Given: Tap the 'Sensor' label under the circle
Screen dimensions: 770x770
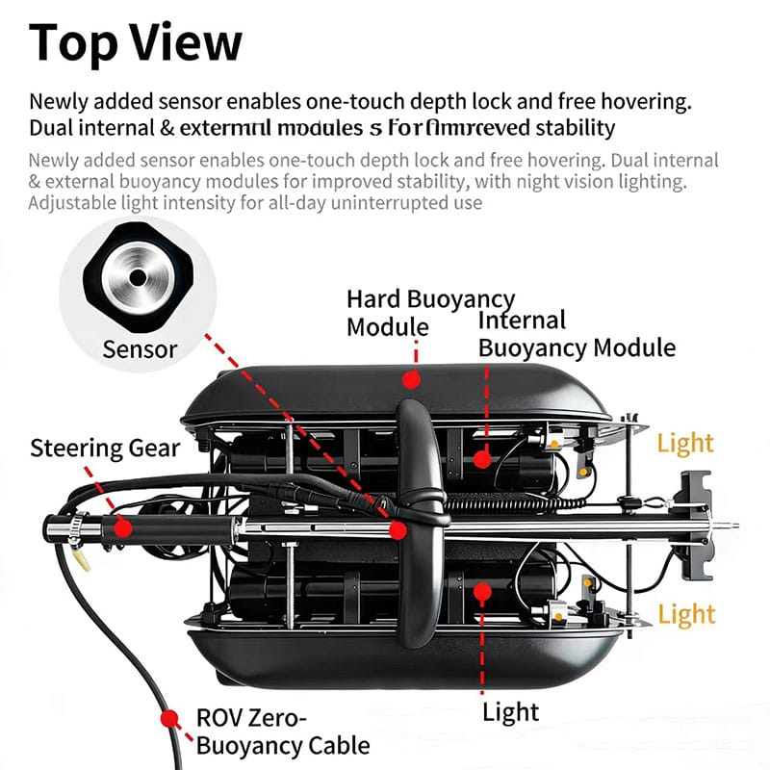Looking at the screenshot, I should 140,348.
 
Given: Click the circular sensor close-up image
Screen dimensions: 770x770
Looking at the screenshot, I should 137,277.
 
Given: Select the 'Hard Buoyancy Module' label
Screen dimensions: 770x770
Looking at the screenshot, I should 430,313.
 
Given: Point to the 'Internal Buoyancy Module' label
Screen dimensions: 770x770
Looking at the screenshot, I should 577,334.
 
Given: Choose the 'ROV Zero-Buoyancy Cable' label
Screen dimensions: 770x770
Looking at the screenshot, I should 282,731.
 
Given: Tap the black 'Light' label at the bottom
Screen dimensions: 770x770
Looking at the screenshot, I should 511,712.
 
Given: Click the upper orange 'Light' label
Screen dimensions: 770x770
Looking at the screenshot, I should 685,443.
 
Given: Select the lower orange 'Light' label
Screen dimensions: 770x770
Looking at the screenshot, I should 686,614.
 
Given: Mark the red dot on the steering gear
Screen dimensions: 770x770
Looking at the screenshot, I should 122,526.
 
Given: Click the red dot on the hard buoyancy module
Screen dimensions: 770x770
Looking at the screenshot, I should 410,380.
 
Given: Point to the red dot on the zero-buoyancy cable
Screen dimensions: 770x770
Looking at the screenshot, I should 171,718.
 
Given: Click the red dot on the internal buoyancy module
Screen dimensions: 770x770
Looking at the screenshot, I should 481,460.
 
